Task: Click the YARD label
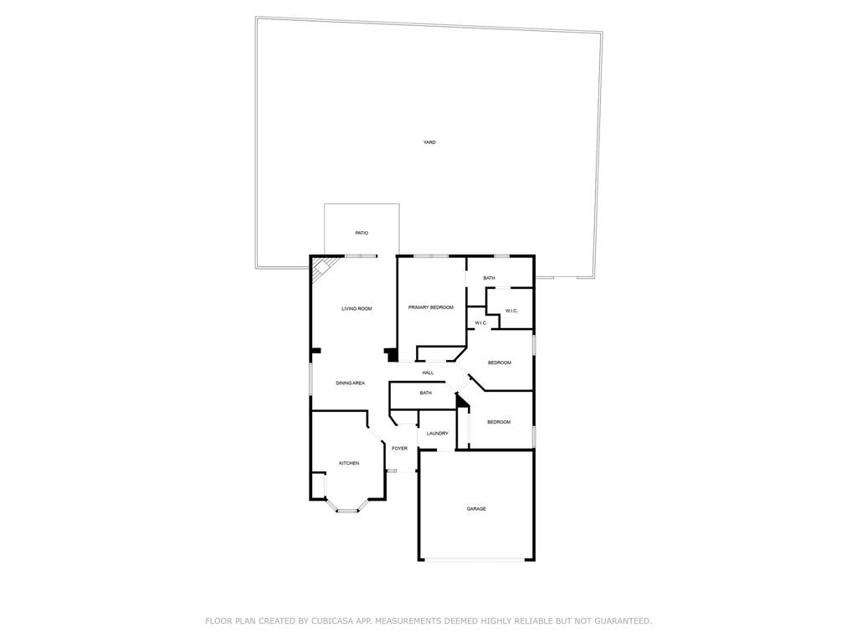pyautogui.click(x=429, y=142)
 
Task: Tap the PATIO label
pyautogui.click(x=362, y=233)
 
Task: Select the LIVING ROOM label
pyautogui.click(x=357, y=309)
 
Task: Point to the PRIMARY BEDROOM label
pyautogui.click(x=431, y=307)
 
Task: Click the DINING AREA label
pyautogui.click(x=350, y=383)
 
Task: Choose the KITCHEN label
pyautogui.click(x=349, y=463)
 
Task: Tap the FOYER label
pyautogui.click(x=400, y=448)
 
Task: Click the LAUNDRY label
pyautogui.click(x=438, y=433)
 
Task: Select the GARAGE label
pyautogui.click(x=476, y=508)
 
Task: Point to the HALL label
pyautogui.click(x=428, y=373)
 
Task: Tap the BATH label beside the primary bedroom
pyautogui.click(x=489, y=278)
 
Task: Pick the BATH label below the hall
pyautogui.click(x=426, y=393)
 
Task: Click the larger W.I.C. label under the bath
pyautogui.click(x=511, y=311)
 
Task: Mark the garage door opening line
pyautogui.click(x=476, y=559)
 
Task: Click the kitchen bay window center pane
pyautogui.click(x=346, y=510)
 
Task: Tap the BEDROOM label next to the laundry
pyautogui.click(x=499, y=422)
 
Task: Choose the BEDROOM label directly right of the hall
pyautogui.click(x=500, y=363)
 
